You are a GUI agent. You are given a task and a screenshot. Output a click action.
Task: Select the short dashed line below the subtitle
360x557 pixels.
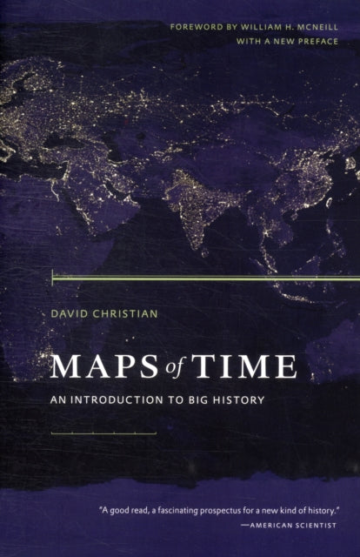coord(103,433)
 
